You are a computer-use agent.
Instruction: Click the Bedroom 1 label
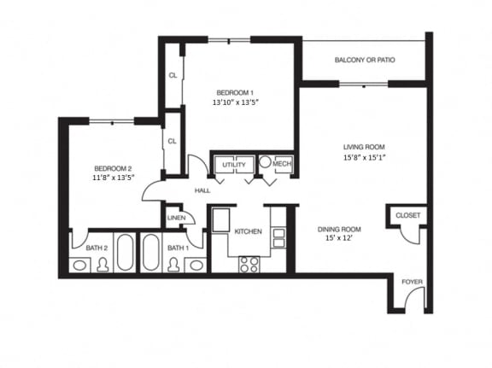(x=234, y=92)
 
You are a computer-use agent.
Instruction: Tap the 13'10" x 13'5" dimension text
(x=235, y=102)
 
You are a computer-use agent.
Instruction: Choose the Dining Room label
(x=339, y=229)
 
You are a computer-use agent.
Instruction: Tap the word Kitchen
(x=248, y=231)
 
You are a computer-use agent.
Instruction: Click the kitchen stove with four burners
(x=249, y=264)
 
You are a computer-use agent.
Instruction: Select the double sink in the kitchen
(x=278, y=237)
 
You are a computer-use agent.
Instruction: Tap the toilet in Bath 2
(x=103, y=264)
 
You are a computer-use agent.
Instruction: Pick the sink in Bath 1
(x=196, y=265)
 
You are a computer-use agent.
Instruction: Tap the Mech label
(x=283, y=164)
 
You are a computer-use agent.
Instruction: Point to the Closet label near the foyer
(x=407, y=216)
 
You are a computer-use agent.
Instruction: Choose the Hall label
(x=202, y=190)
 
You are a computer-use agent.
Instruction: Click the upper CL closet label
(x=173, y=75)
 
